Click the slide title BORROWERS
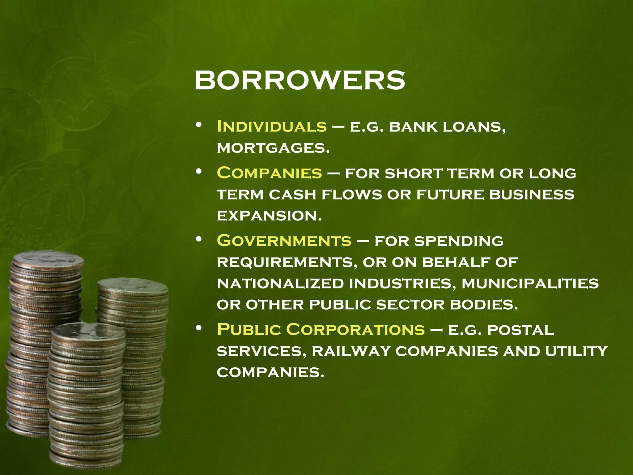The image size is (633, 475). pos(300,80)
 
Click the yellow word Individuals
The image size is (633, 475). pos(272,126)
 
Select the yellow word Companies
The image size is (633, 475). pos(269,173)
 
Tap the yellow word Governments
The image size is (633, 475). pos(284,241)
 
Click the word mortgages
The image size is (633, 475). pos(273,148)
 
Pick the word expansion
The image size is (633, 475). pos(269,216)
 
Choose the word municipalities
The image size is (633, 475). pos(530,283)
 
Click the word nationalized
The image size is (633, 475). pos(280,283)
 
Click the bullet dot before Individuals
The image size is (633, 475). pos(199,125)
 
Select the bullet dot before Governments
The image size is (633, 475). pos(199,239)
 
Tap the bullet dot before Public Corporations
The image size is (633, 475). pos(199,328)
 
